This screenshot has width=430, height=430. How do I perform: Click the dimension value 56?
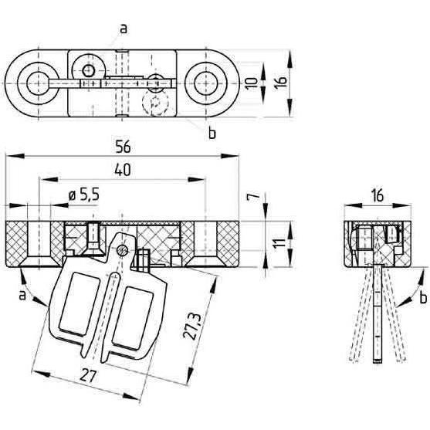click(x=123, y=147)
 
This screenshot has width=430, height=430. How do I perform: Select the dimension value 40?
click(x=123, y=171)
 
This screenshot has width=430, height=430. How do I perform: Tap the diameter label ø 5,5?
click(x=83, y=195)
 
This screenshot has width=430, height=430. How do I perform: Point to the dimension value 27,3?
click(x=192, y=327)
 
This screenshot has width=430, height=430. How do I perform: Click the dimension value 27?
click(x=89, y=376)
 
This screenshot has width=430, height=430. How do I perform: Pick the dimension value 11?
click(x=280, y=244)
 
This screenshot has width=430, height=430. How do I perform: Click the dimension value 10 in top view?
click(x=251, y=83)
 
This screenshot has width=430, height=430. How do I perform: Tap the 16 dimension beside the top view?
click(x=281, y=82)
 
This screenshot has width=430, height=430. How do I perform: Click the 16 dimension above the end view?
click(x=378, y=196)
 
